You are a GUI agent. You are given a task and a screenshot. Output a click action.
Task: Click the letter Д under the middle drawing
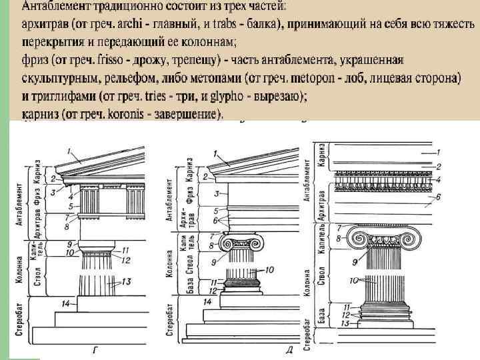[x=290, y=349]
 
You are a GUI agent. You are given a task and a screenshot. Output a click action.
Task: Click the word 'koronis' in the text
[x=133, y=115]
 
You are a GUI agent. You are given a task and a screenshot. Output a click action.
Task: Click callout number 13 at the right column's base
[x=344, y=323]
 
